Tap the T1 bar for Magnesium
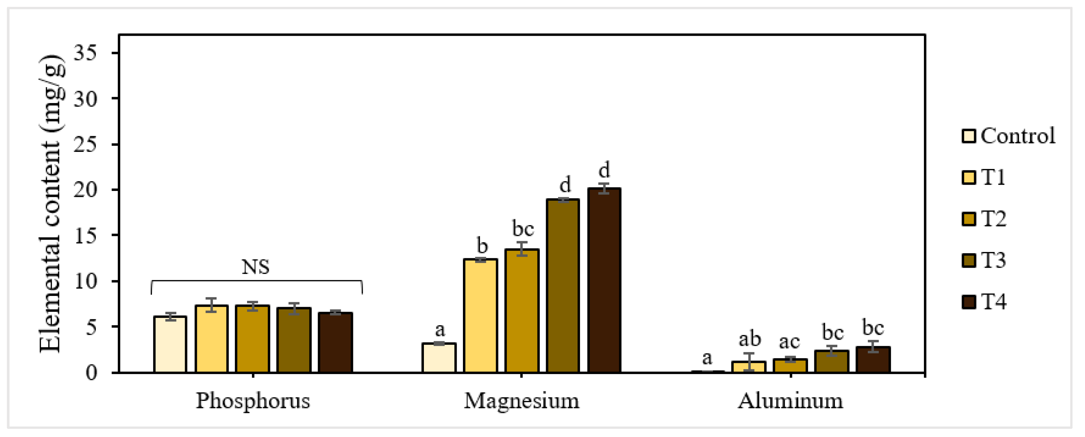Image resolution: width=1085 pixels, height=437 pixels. [480, 316]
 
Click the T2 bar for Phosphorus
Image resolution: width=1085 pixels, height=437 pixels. [252, 339]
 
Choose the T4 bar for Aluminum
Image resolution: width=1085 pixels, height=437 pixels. [873, 360]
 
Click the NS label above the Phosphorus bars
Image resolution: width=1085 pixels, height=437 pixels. [255, 267]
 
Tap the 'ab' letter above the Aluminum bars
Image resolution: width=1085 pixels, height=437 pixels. [750, 339]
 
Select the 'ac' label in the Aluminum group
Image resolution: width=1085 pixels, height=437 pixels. [789, 342]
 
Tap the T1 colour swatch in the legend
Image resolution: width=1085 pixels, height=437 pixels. [969, 177]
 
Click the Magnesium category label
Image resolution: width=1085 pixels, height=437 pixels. [521, 401]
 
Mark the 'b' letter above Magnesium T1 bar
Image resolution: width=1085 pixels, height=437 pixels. [482, 245]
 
